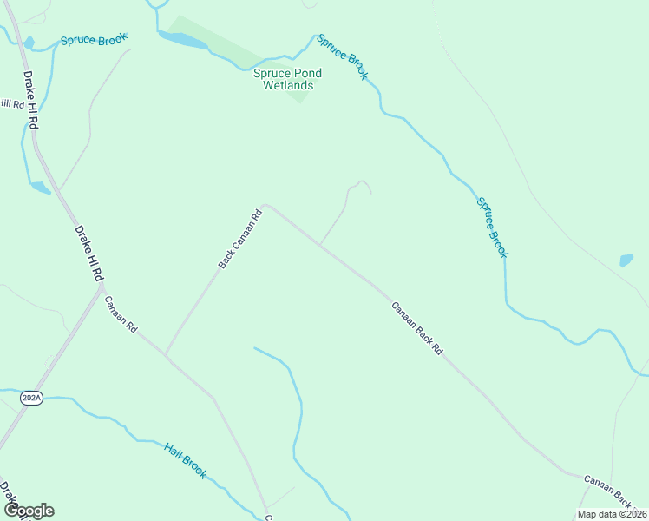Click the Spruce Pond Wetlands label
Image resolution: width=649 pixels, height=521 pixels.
pos(283,79)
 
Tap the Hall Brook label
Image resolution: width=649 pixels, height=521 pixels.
pos(186,459)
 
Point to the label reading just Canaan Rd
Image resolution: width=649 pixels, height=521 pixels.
pos(121,315)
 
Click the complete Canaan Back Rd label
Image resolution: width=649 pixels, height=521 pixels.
pos(416,327)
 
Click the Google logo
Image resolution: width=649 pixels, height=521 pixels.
pos(28,511)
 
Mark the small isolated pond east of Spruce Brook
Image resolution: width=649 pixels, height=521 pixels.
pos(626,260)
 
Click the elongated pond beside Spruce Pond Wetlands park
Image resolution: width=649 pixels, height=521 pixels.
pos(183,39)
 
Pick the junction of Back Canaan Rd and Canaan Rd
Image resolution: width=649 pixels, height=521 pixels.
pos(166,353)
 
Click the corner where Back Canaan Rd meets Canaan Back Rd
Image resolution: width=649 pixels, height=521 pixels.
pos(265,206)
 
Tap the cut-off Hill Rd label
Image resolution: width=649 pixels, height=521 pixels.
pos(12,103)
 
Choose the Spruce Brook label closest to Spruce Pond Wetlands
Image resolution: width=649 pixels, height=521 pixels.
pos(343,56)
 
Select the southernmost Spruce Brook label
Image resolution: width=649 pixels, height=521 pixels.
pos(491,228)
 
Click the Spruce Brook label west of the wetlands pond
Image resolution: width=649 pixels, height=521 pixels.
pos(94,40)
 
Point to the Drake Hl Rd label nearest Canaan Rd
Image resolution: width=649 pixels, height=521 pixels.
pos(89,253)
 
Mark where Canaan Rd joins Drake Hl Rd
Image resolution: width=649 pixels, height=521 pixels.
pos(100,289)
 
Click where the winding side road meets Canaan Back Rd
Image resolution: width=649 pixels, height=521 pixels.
pos(321,246)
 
